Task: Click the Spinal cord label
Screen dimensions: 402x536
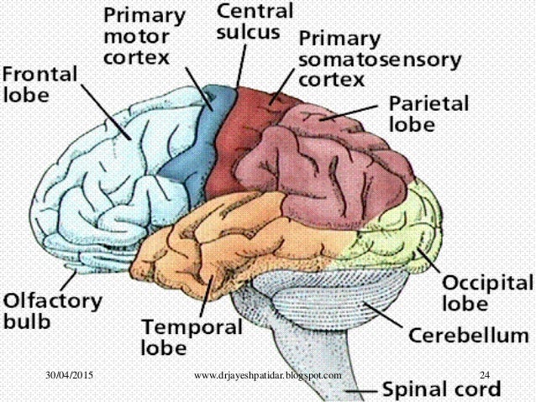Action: coord(441,389)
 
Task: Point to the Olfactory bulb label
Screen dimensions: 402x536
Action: coord(51,310)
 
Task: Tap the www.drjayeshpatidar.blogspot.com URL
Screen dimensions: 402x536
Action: coord(266,374)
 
